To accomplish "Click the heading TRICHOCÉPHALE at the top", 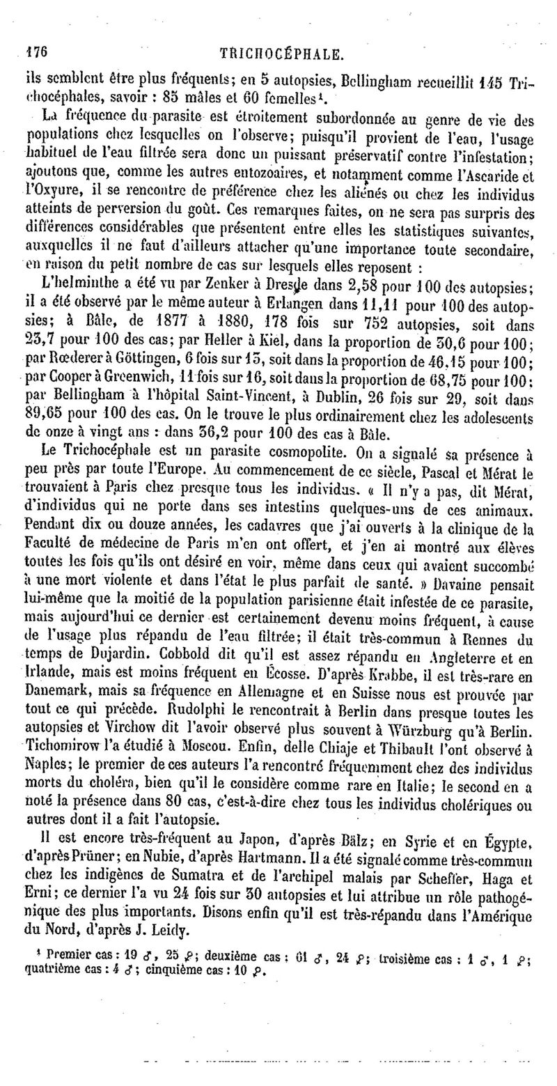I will [280, 53].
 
